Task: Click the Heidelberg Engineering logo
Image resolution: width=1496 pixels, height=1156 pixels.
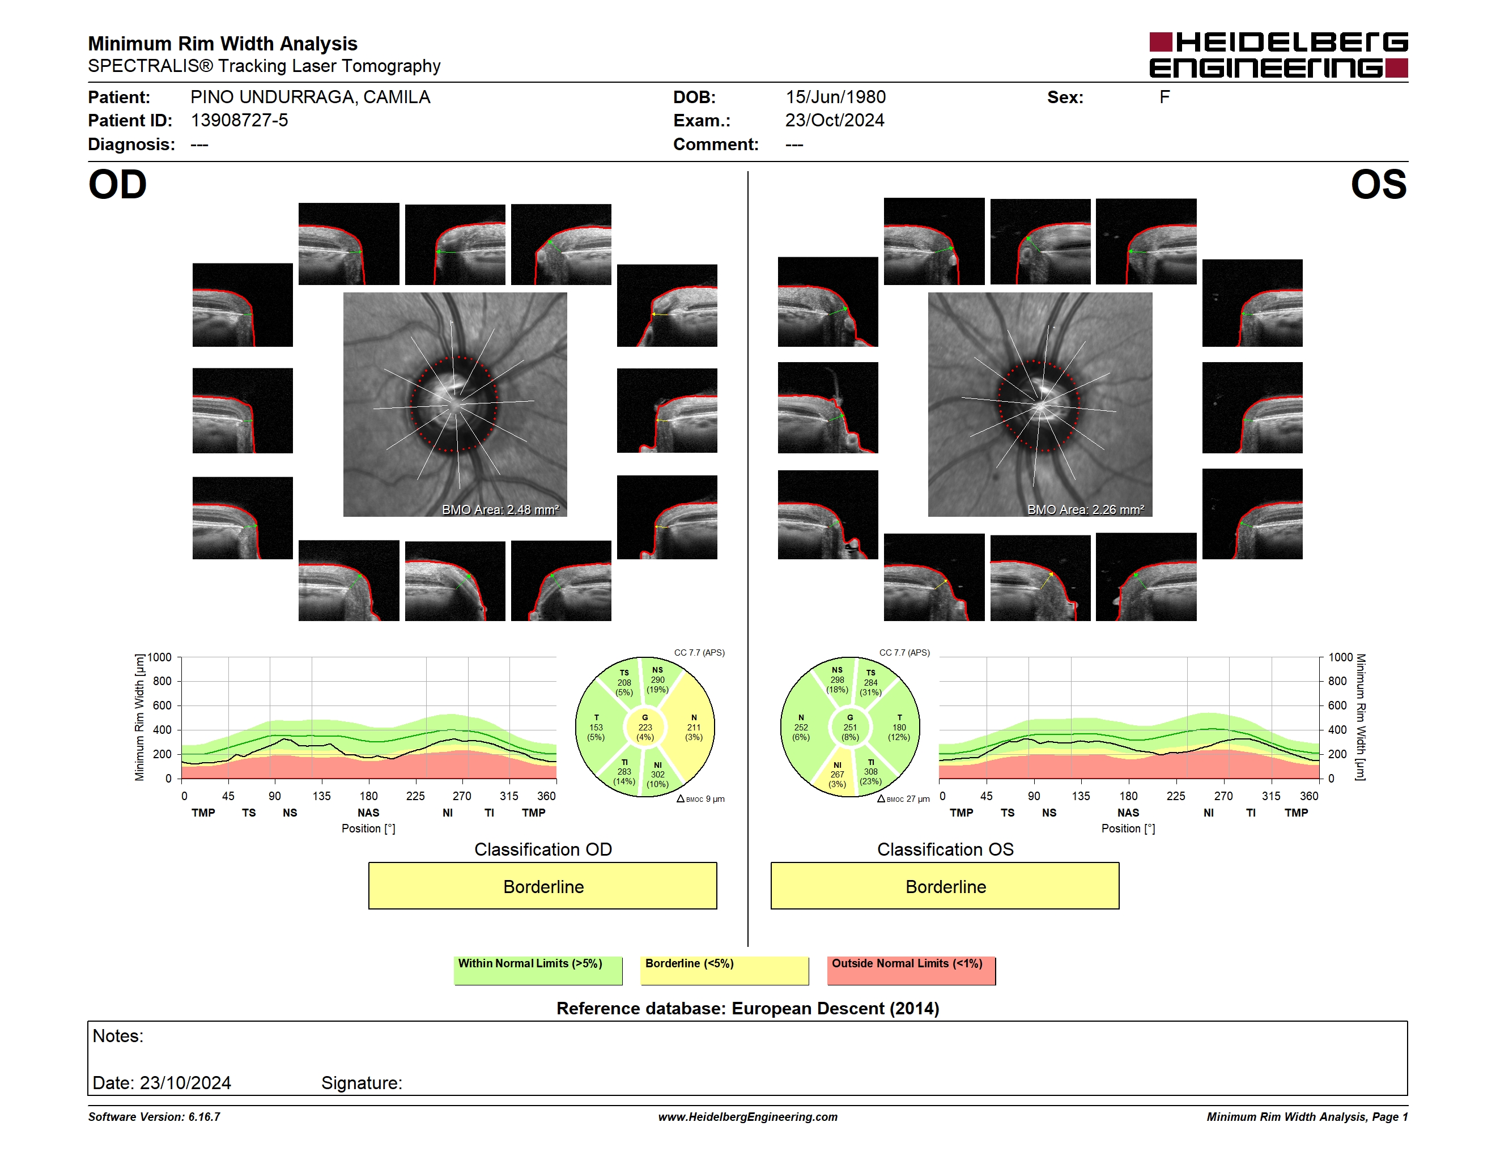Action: [x=1278, y=55]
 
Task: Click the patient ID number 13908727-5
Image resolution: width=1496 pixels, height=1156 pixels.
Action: [x=239, y=121]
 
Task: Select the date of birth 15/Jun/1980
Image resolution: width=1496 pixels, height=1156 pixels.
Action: [x=835, y=97]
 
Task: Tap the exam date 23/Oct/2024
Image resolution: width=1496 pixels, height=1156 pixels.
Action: [x=834, y=121]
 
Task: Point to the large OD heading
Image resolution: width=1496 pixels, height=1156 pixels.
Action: [x=118, y=185]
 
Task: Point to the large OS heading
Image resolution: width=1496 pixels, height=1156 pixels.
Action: [x=1378, y=185]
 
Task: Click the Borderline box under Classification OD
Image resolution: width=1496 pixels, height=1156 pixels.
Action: [x=542, y=886]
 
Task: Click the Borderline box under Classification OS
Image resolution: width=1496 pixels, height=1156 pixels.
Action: [x=945, y=886]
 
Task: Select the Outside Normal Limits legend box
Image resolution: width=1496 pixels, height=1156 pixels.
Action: [x=911, y=970]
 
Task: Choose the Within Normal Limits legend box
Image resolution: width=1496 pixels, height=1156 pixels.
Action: [x=538, y=970]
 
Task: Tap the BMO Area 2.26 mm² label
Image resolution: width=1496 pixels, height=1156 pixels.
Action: [x=1086, y=509]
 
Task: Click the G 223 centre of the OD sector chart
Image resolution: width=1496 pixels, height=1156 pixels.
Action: [x=644, y=727]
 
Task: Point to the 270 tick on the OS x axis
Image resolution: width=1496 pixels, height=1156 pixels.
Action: [x=1223, y=796]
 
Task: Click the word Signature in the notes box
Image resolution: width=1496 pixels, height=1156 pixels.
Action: [x=362, y=1083]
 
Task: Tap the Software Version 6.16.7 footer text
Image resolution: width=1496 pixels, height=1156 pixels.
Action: [x=154, y=1117]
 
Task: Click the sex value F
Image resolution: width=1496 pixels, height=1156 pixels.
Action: [x=1164, y=97]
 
